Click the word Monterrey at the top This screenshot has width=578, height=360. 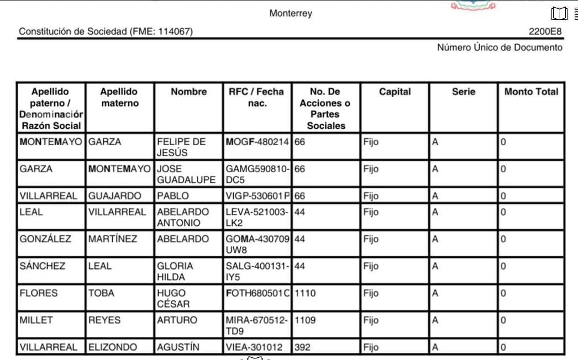click(x=291, y=13)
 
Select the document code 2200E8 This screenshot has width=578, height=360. click(x=545, y=32)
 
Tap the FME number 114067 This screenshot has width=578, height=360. click(x=175, y=32)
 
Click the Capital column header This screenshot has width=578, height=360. click(x=395, y=92)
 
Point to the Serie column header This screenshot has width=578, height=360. click(x=463, y=92)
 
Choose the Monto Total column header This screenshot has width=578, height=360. click(x=531, y=92)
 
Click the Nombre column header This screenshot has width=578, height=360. click(x=188, y=92)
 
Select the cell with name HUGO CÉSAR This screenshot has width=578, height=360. click(x=174, y=298)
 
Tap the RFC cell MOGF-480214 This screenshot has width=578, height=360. click(x=258, y=142)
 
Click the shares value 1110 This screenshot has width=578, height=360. click(x=305, y=293)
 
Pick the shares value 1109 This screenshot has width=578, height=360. click(x=305, y=320)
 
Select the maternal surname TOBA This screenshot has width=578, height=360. click(x=101, y=293)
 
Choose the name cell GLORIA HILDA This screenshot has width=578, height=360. click(x=175, y=271)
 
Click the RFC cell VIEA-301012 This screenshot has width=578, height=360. click(x=254, y=347)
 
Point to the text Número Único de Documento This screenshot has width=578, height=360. click(x=500, y=47)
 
